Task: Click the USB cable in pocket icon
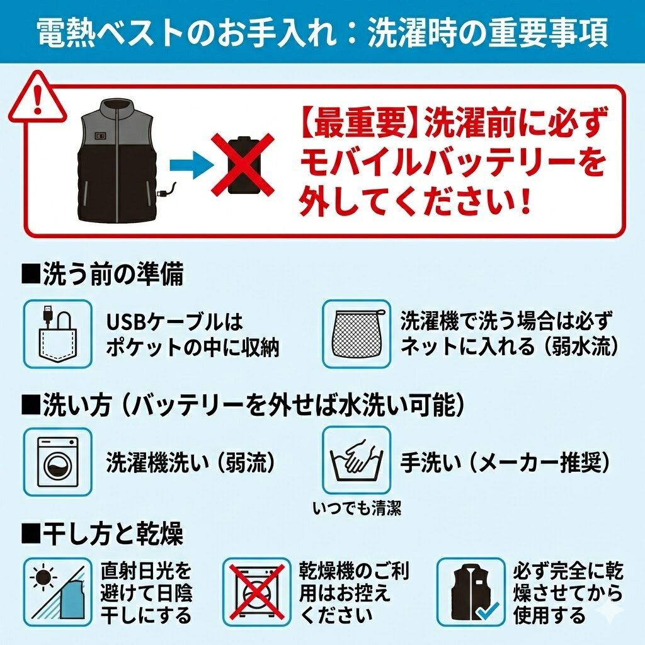point(57,334)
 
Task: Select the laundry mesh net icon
point(357,334)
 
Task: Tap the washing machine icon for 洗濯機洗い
point(57,462)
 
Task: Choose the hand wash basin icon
point(357,460)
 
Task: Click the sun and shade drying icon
point(57,591)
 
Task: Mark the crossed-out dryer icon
point(257,591)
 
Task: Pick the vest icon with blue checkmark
point(471,591)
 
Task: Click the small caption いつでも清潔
point(357,508)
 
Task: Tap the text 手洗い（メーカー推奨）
point(506,462)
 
